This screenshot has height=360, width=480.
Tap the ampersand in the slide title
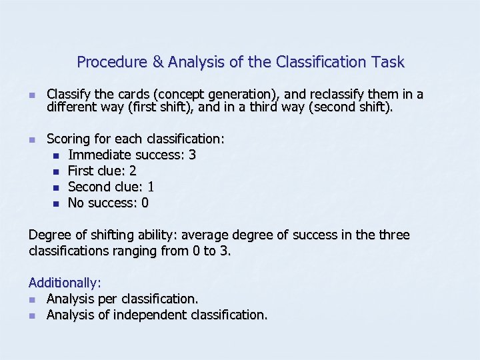pos(158,63)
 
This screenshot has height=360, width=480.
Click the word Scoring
pos(68,139)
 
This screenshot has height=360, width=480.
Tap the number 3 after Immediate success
pos(193,155)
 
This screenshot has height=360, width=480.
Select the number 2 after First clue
pos(133,171)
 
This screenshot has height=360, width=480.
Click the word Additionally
pos(63,283)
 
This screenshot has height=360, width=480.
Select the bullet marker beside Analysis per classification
pos(33,300)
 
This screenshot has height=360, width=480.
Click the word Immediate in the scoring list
pos(99,155)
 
